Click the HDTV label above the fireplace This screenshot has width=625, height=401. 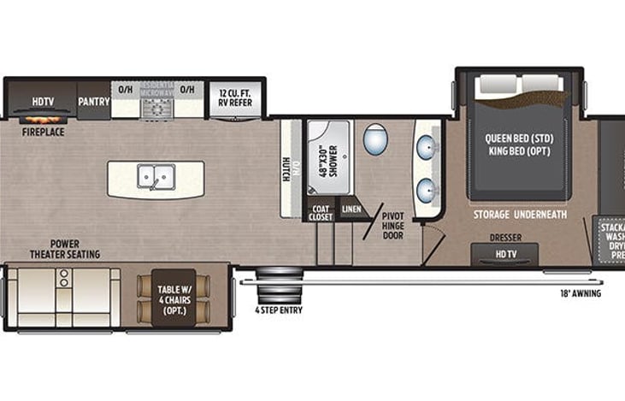pyautogui.click(x=43, y=101)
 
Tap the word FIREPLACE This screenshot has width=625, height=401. pyautogui.click(x=44, y=133)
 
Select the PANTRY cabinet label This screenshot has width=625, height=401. pyautogui.click(x=94, y=101)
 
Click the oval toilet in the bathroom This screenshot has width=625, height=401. pyautogui.click(x=374, y=139)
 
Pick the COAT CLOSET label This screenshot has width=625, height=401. pyautogui.click(x=321, y=213)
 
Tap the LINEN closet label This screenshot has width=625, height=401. pyautogui.click(x=351, y=209)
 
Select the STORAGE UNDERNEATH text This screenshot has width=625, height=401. pyautogui.click(x=520, y=215)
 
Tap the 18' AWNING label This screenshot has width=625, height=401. pyautogui.click(x=580, y=293)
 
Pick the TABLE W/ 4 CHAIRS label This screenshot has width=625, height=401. pyautogui.click(x=175, y=294)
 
